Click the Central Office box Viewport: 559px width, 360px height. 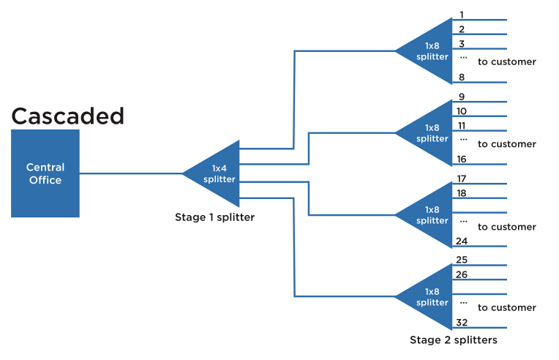click(45, 173)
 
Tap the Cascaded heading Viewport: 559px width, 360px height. click(68, 116)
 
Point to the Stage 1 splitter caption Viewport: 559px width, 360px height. click(214, 217)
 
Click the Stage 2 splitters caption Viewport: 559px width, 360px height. click(454, 340)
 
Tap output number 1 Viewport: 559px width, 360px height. click(462, 14)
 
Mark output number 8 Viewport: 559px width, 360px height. click(462, 77)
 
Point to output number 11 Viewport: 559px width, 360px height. click(462, 126)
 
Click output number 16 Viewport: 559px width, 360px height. click(462, 159)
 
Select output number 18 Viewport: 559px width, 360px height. click(462, 192)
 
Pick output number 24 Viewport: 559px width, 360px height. click(462, 241)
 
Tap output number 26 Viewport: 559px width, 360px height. click(462, 274)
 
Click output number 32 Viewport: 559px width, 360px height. click(462, 323)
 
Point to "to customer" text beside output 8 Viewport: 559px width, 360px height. click(507, 62)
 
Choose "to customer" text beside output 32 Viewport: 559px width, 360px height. click(507, 308)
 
